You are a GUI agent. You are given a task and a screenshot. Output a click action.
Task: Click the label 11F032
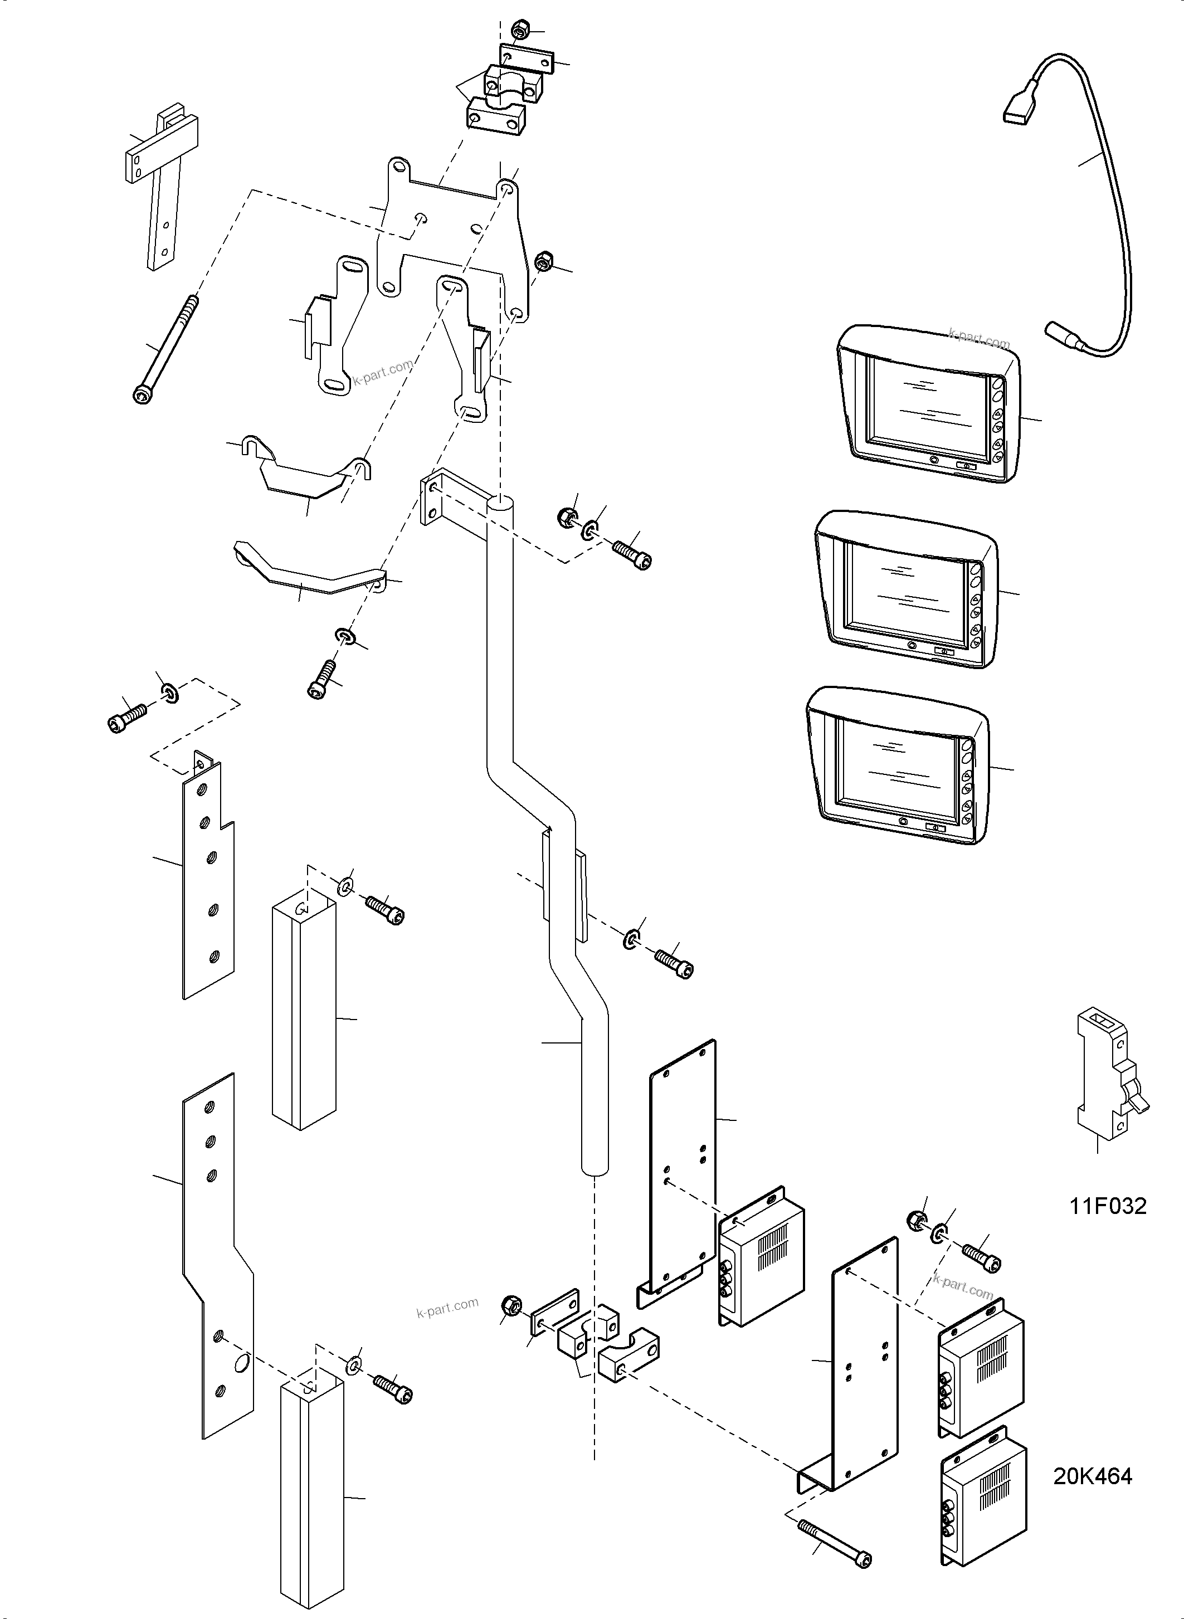pyautogui.click(x=1108, y=1206)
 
